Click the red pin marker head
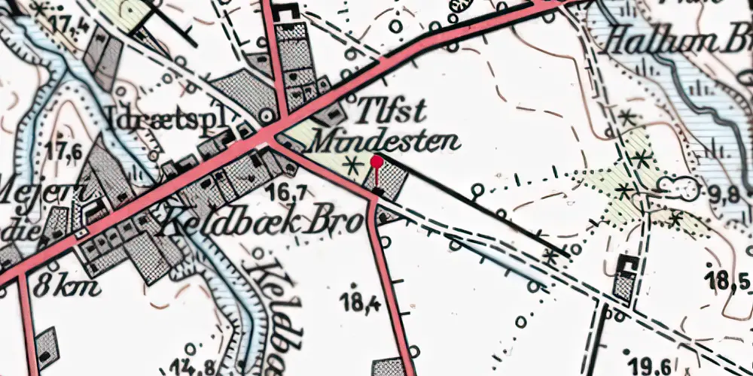tap(376, 160)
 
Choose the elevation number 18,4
tap(358, 304)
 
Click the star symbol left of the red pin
tap(349, 164)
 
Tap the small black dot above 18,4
tap(355, 285)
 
